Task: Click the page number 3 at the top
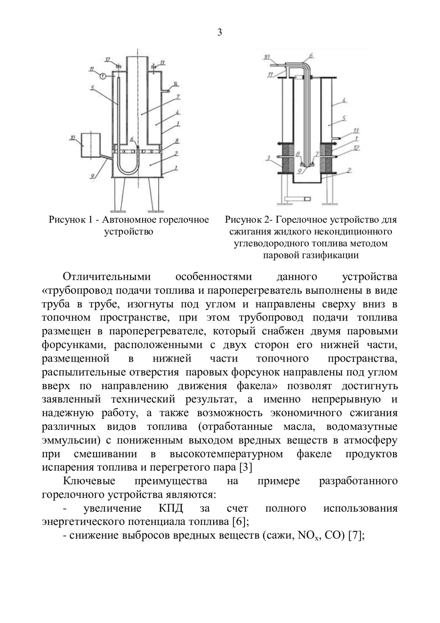pyautogui.click(x=220, y=33)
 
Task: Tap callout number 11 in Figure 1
pyautogui.click(x=91, y=68)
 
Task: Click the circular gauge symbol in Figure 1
pyautogui.click(x=103, y=76)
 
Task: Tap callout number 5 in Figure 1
pyautogui.click(x=93, y=88)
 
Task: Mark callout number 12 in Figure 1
pyautogui.click(x=107, y=59)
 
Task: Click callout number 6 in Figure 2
pyautogui.click(x=311, y=55)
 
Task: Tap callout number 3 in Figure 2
pyautogui.click(x=268, y=158)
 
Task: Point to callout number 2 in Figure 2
pyautogui.click(x=349, y=170)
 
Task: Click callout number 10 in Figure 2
pyautogui.click(x=267, y=57)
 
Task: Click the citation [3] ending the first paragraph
pyautogui.click(x=245, y=467)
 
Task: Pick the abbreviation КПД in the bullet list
pyautogui.click(x=170, y=508)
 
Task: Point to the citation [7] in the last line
pyautogui.click(x=355, y=536)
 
